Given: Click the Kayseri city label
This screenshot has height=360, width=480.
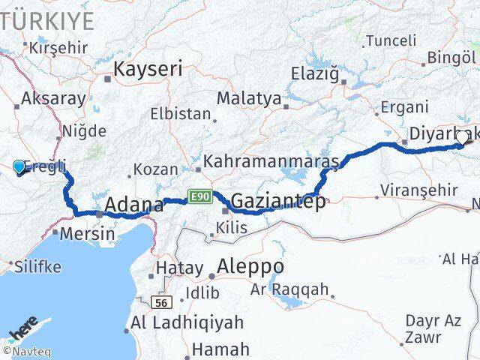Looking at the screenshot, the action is [x=148, y=70].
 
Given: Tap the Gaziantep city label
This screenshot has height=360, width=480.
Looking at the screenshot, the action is [x=278, y=201].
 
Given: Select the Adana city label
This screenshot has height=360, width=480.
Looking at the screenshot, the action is [x=134, y=205].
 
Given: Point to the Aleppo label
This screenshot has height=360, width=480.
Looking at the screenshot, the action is [x=250, y=266].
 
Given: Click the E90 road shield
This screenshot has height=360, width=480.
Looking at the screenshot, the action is [x=199, y=196].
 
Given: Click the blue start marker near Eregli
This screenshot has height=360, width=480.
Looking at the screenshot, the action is [x=19, y=166].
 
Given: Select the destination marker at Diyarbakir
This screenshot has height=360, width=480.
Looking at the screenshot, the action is [x=462, y=138].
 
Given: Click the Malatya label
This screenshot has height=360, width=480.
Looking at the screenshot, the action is [x=249, y=98].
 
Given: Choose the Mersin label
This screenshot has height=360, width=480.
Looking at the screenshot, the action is [x=88, y=233].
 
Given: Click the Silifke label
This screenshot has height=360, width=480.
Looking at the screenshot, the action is [x=33, y=265].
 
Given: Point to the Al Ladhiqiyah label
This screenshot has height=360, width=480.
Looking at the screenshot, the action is [x=187, y=323].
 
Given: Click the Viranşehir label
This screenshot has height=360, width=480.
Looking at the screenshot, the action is [x=417, y=190].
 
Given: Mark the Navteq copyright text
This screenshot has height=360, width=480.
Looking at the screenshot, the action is [x=23, y=350].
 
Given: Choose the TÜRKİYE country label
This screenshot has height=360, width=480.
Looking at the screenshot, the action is [x=49, y=20].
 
